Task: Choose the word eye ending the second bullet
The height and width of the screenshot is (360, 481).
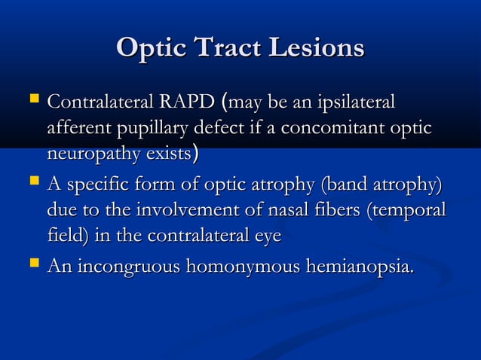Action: click(266, 236)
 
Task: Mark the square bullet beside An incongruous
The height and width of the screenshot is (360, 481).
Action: click(32, 264)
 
